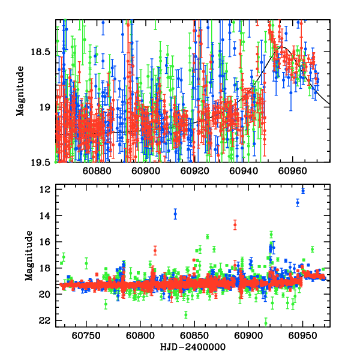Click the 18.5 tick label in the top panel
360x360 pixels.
pyautogui.click(x=41, y=52)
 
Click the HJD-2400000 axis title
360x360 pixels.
pyautogui.click(x=193, y=347)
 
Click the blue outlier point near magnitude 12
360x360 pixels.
pyautogui.click(x=303, y=191)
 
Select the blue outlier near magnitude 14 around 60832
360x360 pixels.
pyautogui.click(x=175, y=214)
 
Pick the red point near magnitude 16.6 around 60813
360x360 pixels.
pyautogui.click(x=155, y=250)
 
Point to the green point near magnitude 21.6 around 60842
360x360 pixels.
pyautogui.click(x=186, y=314)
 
